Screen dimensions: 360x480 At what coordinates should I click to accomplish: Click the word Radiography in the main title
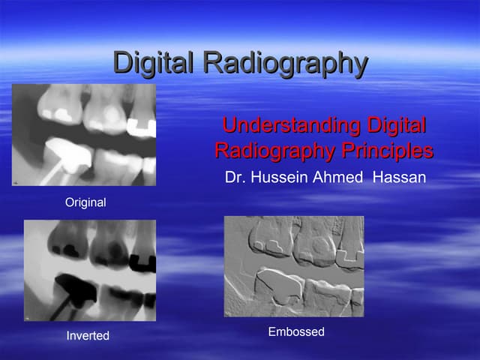click(x=286, y=63)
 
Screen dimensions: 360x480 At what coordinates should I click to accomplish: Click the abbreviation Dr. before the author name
click(x=235, y=178)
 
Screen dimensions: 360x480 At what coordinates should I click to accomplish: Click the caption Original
click(x=86, y=202)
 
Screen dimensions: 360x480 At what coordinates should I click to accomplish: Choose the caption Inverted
click(x=88, y=336)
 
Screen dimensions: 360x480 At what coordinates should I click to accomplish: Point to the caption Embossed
click(x=296, y=331)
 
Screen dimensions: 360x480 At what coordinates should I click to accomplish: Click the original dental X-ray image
click(x=84, y=135)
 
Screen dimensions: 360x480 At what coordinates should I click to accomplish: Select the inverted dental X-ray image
click(x=90, y=270)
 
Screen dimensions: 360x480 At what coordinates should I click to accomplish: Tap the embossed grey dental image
click(x=294, y=266)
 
